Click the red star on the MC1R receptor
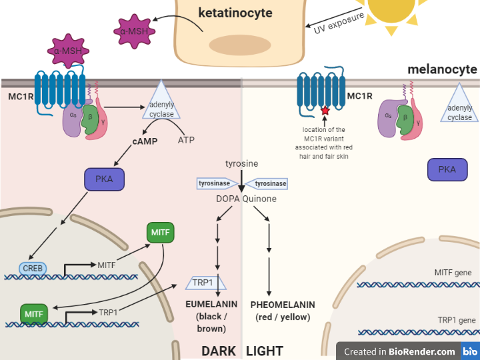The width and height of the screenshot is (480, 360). click(325, 110)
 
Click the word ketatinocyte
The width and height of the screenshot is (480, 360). click(235, 13)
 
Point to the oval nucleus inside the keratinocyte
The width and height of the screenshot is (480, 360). click(240, 45)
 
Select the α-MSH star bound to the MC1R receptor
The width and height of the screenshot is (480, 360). click(68, 51)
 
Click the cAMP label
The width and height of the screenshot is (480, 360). click(145, 141)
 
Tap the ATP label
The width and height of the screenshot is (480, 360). click(186, 140)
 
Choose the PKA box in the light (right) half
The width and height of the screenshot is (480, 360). click(447, 169)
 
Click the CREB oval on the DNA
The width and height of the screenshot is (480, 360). click(33, 269)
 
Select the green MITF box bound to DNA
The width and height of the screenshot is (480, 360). click(34, 314)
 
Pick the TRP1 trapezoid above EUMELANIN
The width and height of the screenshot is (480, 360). click(206, 282)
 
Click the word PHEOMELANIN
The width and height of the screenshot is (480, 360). click(283, 305)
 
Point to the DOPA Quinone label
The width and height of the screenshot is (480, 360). click(246, 199)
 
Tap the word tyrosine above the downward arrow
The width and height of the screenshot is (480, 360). click(241, 163)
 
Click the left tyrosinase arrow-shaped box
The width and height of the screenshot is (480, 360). click(217, 183)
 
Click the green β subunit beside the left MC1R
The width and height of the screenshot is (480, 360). click(90, 119)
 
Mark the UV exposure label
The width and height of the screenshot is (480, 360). click(339, 23)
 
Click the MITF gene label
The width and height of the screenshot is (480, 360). click(453, 273)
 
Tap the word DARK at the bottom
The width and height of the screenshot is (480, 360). click(219, 351)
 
